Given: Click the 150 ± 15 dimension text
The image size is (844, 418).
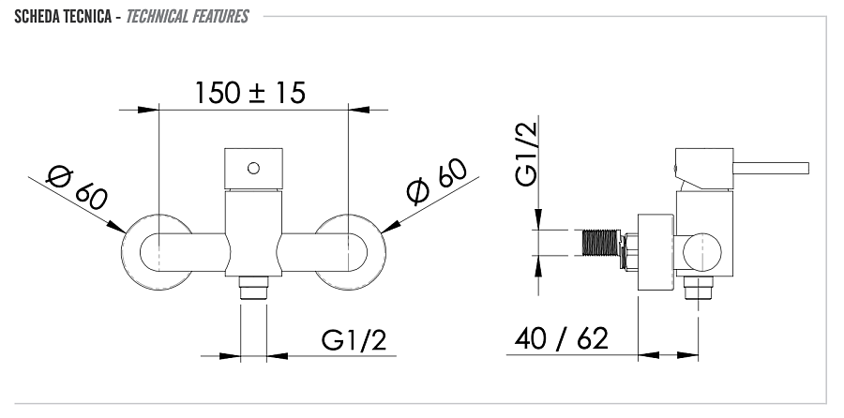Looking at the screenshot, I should click(250, 93).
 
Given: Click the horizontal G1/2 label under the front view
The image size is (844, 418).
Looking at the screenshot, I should click(354, 340).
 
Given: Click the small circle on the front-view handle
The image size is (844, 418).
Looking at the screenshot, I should click(252, 168).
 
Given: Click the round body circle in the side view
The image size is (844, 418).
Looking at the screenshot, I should click(702, 252).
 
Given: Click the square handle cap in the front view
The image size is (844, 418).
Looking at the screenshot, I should click(252, 167).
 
